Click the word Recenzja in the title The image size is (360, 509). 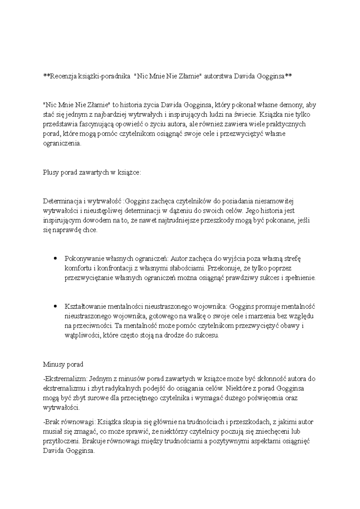(61, 76)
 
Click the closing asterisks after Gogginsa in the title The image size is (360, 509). (288, 76)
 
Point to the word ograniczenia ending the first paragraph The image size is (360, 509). (62, 143)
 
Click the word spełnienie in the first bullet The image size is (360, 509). (300, 278)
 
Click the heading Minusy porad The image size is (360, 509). (63, 364)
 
